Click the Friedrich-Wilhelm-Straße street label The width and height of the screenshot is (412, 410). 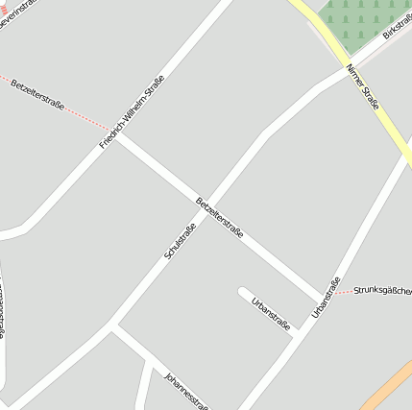133,111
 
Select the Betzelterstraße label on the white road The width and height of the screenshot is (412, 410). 219,218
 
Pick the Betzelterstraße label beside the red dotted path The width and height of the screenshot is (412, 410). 38,94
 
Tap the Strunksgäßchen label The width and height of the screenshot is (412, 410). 382,290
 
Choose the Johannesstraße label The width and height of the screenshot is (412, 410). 186,390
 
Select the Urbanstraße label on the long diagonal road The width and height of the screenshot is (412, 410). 327,298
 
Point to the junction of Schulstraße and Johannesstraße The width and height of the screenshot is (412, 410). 113,328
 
